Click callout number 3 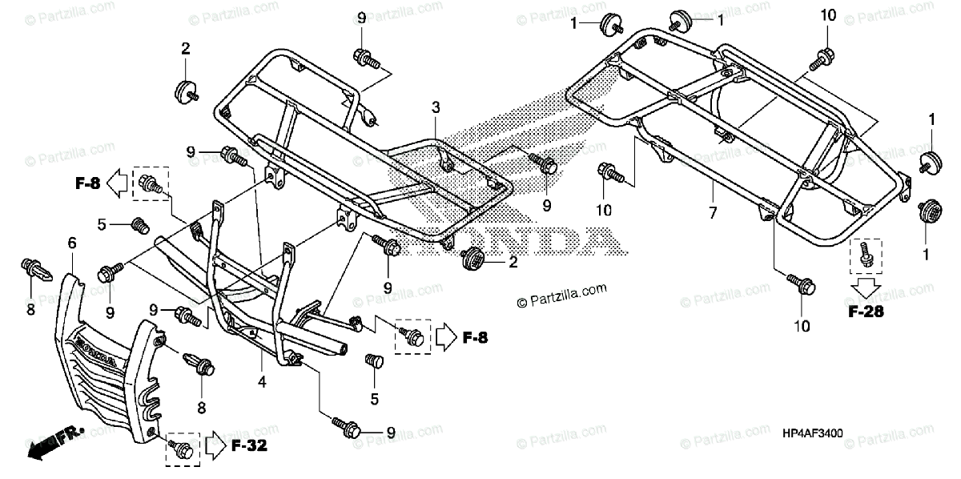[x=435, y=107]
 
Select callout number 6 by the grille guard [x=72, y=242]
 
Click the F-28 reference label [x=867, y=312]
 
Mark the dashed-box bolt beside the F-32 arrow [x=181, y=450]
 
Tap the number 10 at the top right [x=828, y=15]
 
